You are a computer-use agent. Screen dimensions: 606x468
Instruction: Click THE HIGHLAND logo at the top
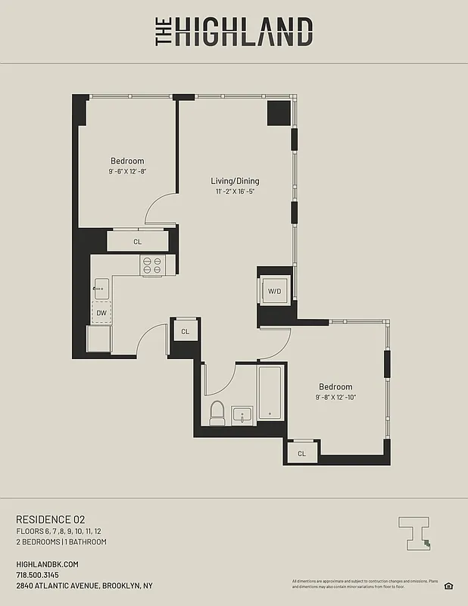pos(234,33)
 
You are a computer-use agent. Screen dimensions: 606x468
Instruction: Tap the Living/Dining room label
pos(235,181)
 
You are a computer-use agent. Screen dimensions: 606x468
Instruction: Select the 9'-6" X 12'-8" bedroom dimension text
pos(127,172)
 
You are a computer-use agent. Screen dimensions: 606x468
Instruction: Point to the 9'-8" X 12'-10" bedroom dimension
pos(335,398)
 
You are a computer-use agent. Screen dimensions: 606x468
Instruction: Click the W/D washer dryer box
pos(274,291)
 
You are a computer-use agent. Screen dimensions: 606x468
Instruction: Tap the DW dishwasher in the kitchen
pos(101,312)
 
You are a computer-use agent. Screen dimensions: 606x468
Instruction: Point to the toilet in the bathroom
pos(218,414)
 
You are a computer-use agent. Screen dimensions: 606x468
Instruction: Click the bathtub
pos(270,392)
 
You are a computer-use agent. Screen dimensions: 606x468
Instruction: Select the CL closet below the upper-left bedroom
pos(138,242)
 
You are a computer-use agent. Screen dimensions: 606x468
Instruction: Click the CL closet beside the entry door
pos(185,332)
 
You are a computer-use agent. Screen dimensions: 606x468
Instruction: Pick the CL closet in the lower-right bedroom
pos(301,454)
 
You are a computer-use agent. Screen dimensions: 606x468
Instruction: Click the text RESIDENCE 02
pos(51,519)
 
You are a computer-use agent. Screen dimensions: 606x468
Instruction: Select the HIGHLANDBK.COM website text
pos(47,564)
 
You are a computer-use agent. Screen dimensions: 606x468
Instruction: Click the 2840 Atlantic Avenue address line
pos(84,586)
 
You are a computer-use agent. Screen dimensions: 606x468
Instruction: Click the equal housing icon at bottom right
pos(448,585)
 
